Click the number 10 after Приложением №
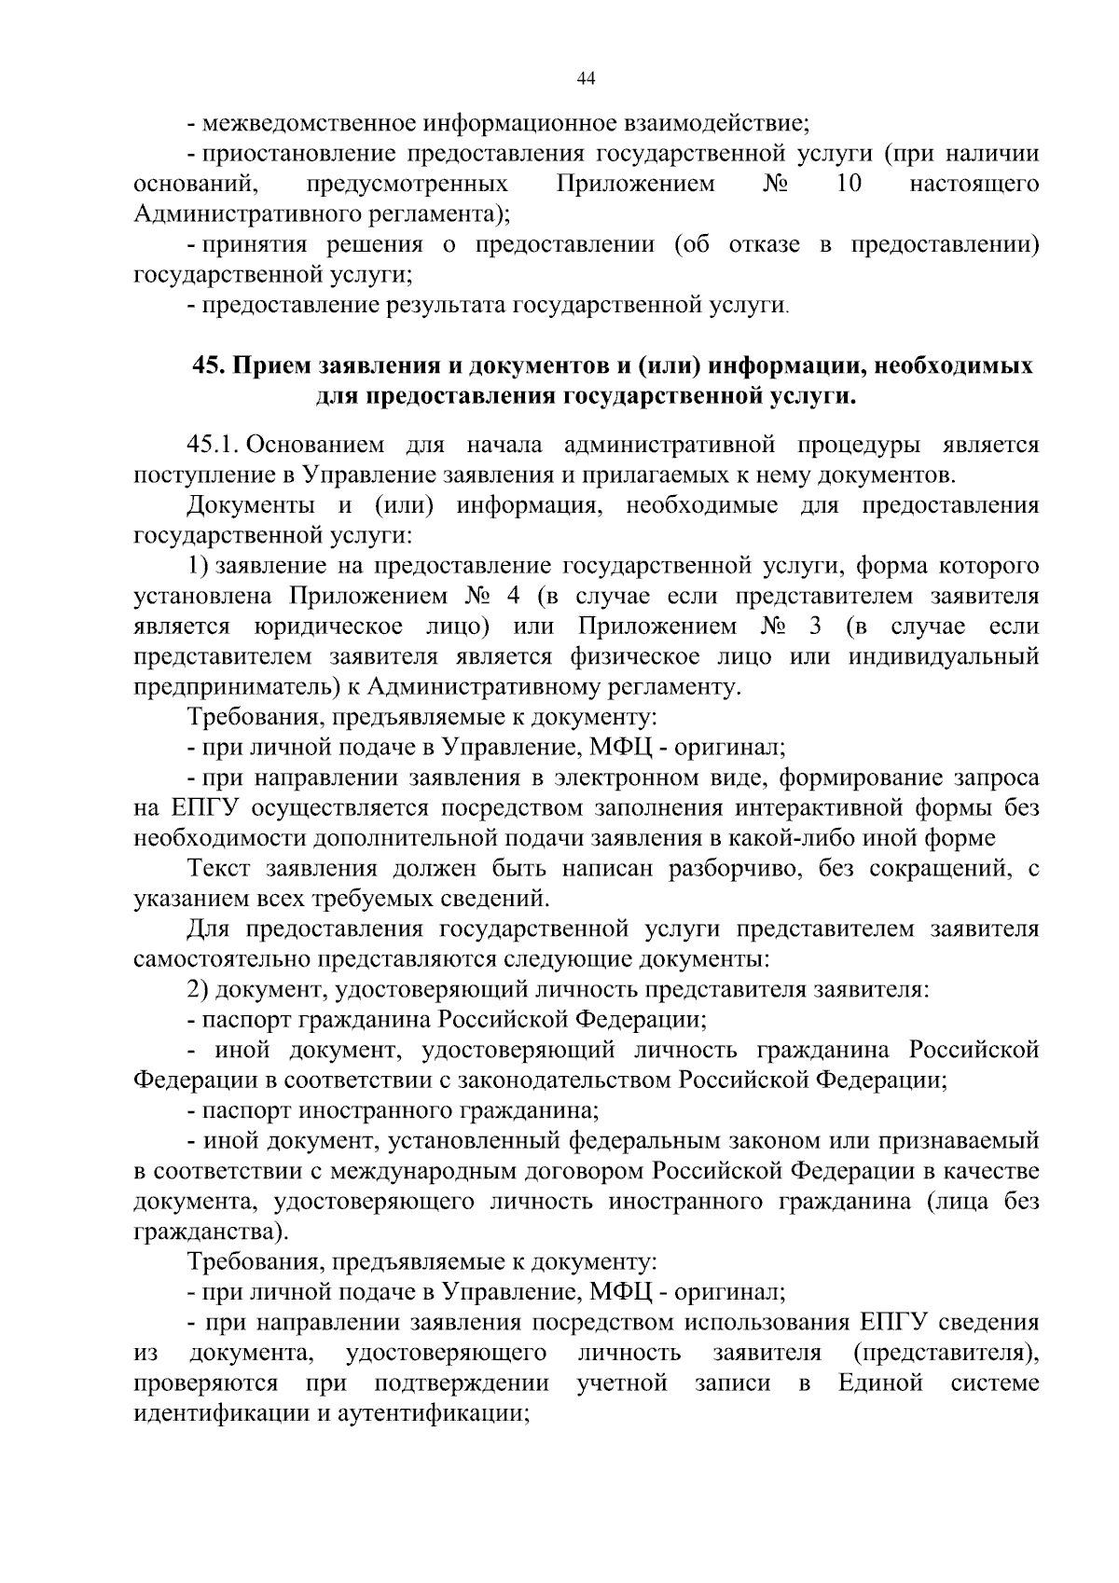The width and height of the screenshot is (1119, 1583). click(849, 184)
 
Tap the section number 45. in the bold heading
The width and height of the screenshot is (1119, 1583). click(210, 365)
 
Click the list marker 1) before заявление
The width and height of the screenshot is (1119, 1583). click(200, 566)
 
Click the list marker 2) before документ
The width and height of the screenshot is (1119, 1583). click(200, 990)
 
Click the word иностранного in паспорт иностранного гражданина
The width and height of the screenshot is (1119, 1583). click(375, 1111)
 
